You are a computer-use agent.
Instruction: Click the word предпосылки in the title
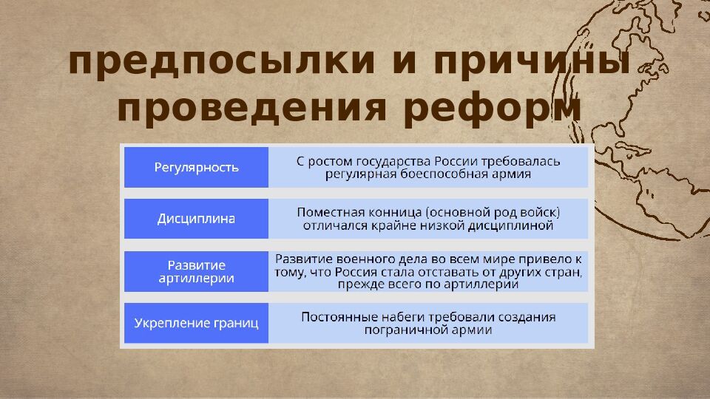pyautogui.click(x=222, y=62)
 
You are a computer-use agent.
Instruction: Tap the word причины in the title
pyautogui.click(x=532, y=62)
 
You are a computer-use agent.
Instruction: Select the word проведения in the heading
pyautogui.click(x=251, y=108)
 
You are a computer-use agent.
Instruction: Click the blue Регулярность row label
pyautogui.click(x=196, y=168)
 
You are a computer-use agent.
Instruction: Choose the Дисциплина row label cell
pyautogui.click(x=196, y=219)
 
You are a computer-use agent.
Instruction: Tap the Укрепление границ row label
pyautogui.click(x=196, y=323)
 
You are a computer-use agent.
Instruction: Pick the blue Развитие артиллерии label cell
pyautogui.click(x=196, y=271)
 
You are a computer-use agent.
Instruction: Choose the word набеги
pyautogui.click(x=399, y=318)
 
